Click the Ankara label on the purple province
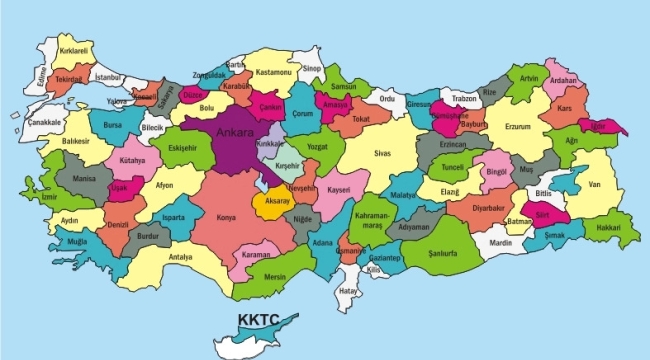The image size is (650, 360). (x=232, y=131)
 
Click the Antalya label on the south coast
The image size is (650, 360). (x=181, y=257)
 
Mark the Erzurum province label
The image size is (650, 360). (x=517, y=127)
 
